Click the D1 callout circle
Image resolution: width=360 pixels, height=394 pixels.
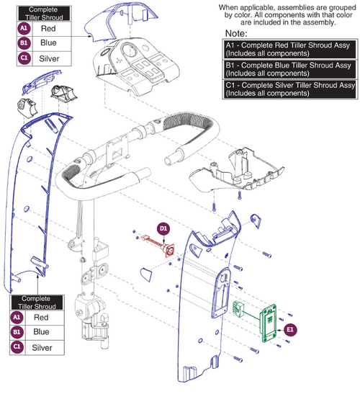coord(164,228)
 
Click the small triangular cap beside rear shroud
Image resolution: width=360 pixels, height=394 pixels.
coord(145,272)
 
